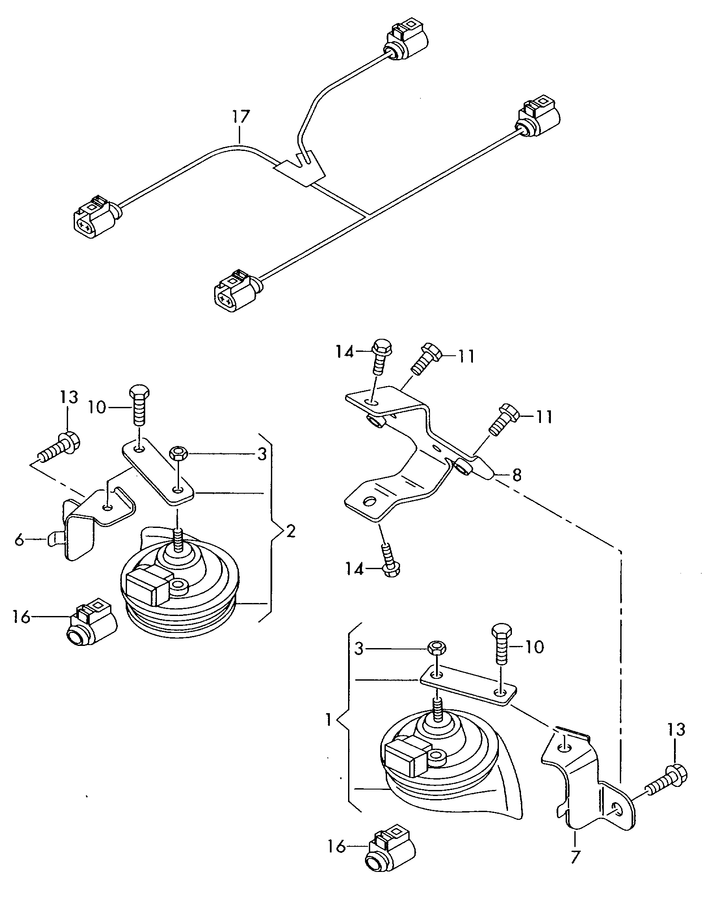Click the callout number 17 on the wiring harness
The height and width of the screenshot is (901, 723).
(x=241, y=117)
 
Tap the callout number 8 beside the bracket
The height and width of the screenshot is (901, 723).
(x=517, y=475)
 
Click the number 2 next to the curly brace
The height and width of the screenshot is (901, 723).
(x=290, y=531)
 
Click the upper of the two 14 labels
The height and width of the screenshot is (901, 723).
(x=345, y=351)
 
